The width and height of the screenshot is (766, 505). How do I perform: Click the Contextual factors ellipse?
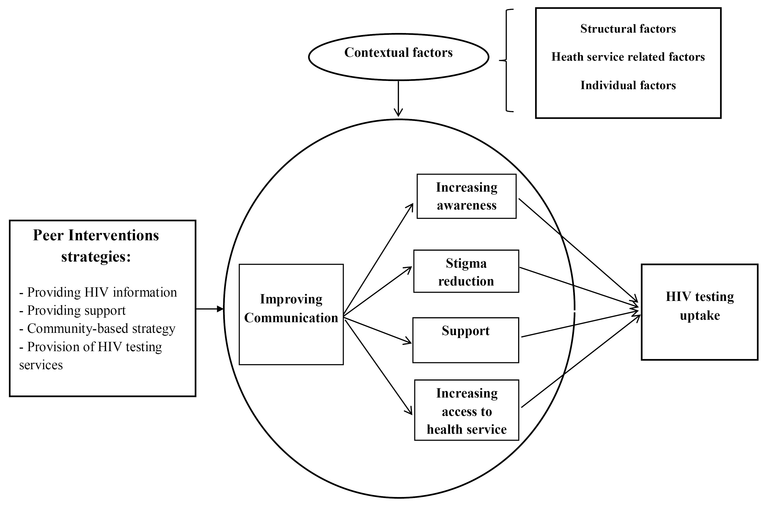[398, 57]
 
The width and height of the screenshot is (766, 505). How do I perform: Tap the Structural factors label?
[628, 29]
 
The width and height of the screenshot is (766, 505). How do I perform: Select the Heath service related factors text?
[628, 57]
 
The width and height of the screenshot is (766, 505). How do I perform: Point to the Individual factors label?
[628, 85]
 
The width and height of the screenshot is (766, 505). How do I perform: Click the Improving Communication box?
[291, 314]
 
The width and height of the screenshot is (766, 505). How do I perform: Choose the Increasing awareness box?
[466, 196]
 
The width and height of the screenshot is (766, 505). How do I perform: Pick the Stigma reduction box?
[466, 271]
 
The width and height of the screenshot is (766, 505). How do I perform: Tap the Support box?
[466, 340]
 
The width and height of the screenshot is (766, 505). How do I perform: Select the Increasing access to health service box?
[466, 410]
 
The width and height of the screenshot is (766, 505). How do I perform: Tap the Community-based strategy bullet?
[97, 329]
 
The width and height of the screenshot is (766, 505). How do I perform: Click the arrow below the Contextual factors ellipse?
[398, 98]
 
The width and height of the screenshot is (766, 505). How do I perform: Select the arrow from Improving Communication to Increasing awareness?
[378, 260]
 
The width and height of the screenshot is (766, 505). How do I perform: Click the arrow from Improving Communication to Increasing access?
[378, 366]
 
